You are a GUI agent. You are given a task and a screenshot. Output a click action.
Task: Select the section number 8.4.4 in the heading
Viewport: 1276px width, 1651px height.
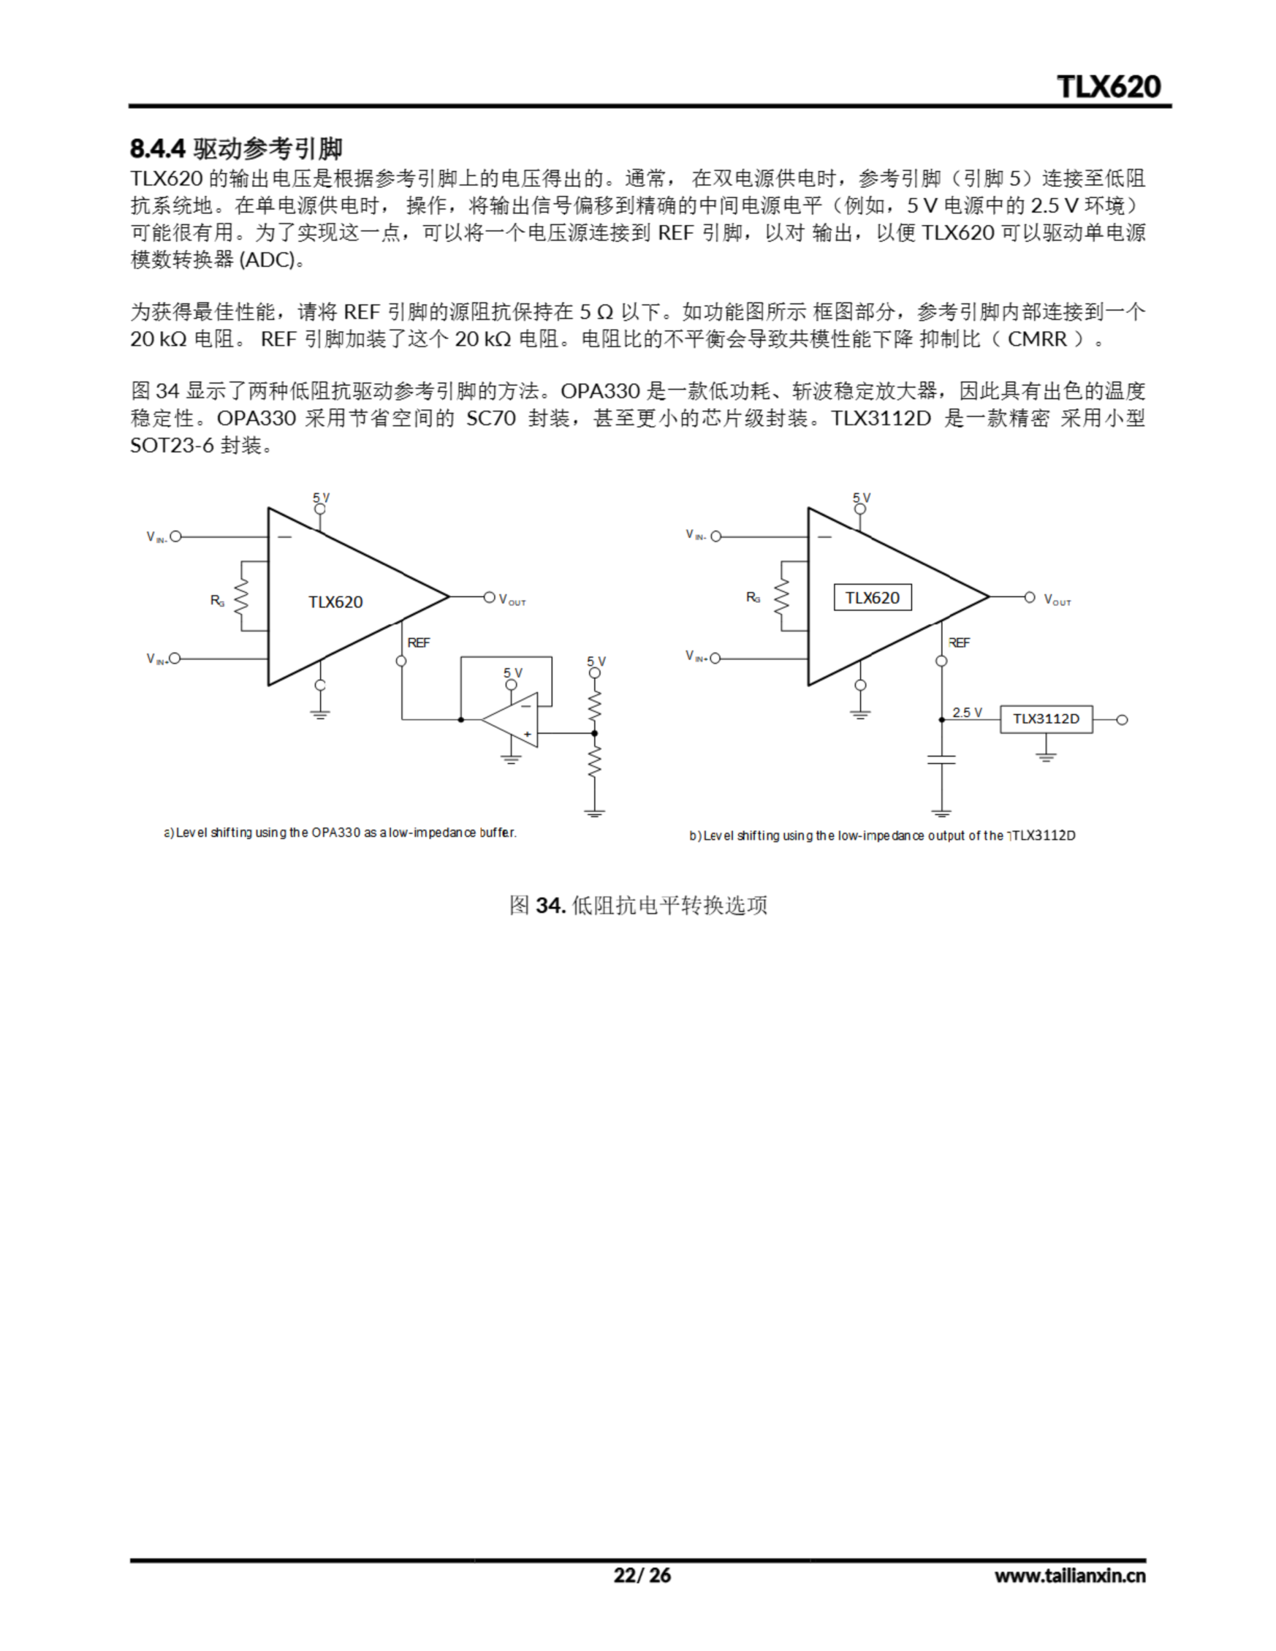157,149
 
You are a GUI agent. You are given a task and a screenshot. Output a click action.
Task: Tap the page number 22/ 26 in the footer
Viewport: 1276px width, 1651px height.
641,1575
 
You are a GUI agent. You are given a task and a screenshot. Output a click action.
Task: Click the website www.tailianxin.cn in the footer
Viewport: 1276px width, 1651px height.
1070,1576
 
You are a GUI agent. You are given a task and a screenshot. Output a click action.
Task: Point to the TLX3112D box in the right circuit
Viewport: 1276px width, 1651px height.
1046,719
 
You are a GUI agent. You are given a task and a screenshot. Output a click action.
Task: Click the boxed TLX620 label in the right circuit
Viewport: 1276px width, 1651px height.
872,597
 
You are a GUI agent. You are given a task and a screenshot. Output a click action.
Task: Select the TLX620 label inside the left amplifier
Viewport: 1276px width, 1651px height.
335,602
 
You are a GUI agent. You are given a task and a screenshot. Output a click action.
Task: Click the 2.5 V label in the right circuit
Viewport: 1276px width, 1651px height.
966,712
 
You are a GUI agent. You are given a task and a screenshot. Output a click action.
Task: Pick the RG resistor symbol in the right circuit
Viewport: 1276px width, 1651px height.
781,597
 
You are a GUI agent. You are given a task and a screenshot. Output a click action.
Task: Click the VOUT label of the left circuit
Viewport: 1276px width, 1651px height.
512,600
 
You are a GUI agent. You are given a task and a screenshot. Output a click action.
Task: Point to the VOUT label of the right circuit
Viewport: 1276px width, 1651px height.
1057,600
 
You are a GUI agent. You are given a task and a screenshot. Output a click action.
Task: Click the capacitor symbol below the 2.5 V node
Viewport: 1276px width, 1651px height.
941,759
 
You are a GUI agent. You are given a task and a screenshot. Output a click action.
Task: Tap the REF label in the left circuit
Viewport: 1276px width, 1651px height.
418,642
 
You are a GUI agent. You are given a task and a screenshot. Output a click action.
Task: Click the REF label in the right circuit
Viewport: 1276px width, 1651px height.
959,642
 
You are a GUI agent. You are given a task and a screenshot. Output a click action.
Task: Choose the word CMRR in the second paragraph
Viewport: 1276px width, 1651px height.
1037,339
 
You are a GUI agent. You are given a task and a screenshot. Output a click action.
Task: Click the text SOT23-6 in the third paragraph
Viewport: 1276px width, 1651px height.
172,445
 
